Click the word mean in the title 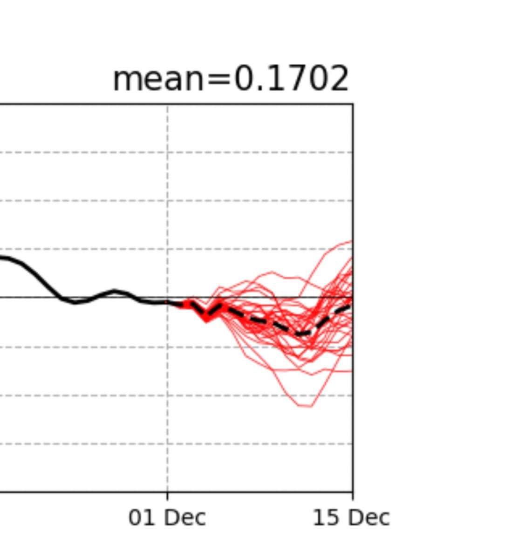(158, 79)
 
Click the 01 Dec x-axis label (167, 518)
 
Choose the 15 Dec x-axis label (351, 518)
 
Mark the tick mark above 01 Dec (168, 495)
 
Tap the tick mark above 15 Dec (353, 495)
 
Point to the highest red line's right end (351, 241)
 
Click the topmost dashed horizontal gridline (93, 152)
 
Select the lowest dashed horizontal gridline (93, 443)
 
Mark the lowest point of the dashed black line (300, 334)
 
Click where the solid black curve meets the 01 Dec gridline (168, 302)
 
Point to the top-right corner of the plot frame (353, 104)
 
